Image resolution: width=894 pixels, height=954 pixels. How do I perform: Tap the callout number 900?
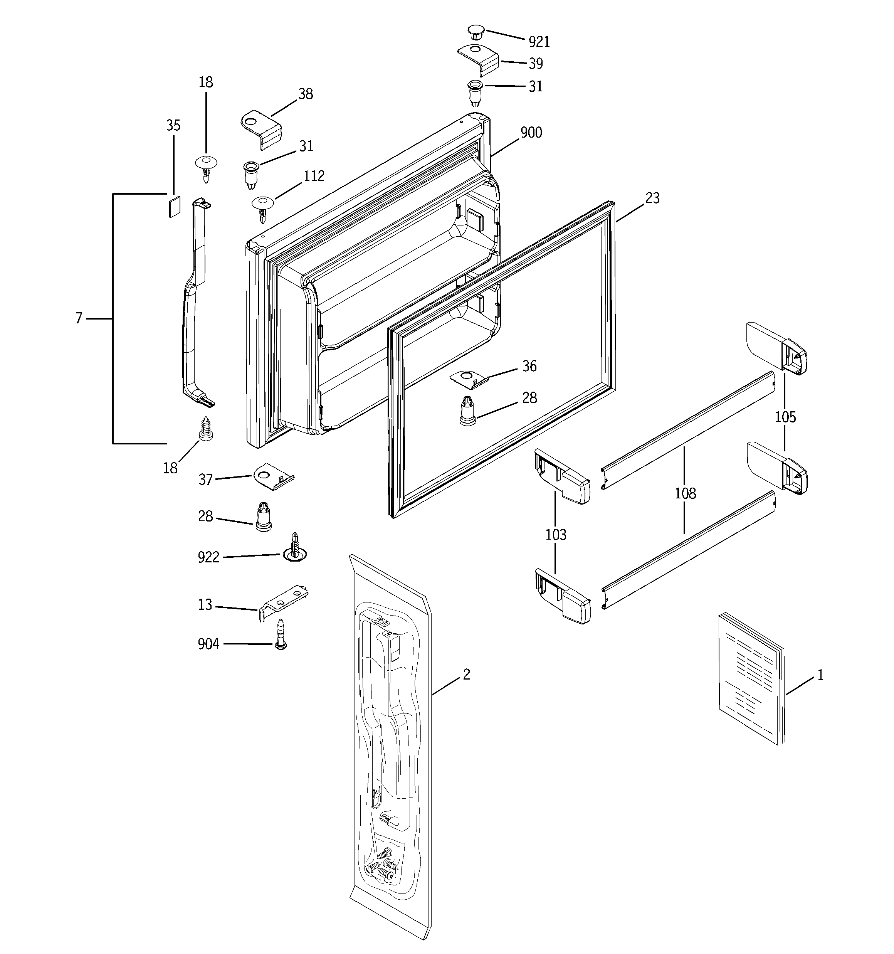click(531, 133)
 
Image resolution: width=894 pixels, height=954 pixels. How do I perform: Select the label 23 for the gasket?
click(652, 198)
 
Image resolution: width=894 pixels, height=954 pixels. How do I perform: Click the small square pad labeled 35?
click(174, 206)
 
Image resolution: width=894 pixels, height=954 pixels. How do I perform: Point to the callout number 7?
click(79, 318)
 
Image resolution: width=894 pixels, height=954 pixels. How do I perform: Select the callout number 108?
click(685, 493)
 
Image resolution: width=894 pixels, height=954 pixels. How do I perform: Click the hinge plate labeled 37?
click(272, 476)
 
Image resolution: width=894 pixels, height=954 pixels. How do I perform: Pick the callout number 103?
click(556, 534)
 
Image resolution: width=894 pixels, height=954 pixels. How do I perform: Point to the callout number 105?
click(785, 417)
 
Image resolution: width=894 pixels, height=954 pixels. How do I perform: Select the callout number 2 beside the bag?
click(466, 674)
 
